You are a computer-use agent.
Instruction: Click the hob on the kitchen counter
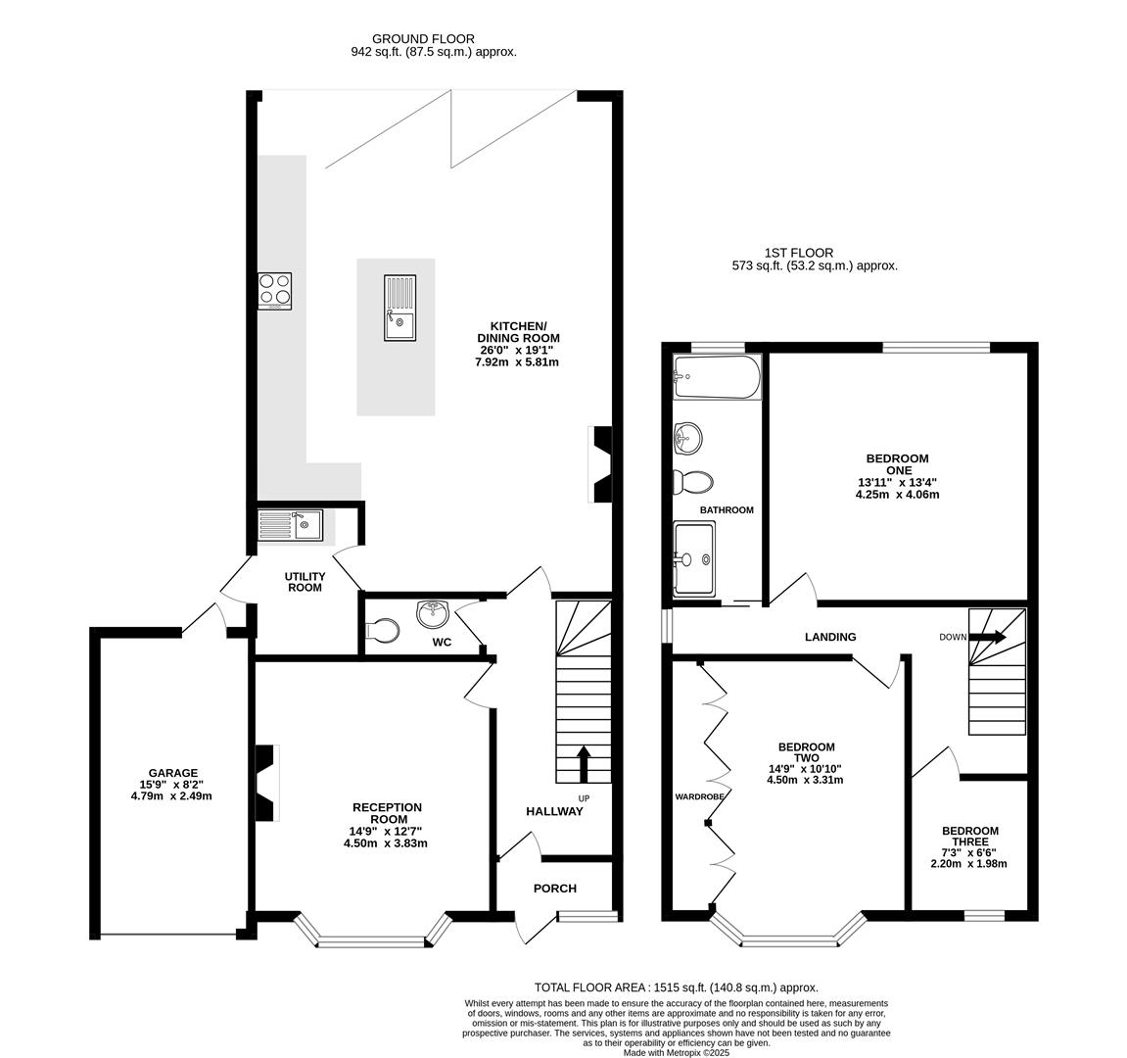click(x=274, y=291)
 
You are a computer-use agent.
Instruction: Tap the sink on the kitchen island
click(x=399, y=308)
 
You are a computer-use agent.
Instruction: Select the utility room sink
click(x=291, y=525)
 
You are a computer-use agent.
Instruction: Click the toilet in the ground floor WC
click(x=383, y=631)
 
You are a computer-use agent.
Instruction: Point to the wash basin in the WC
click(x=433, y=613)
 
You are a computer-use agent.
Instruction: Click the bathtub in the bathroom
click(x=717, y=377)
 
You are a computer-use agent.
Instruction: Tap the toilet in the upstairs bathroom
click(x=693, y=481)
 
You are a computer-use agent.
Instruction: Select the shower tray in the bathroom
click(x=694, y=558)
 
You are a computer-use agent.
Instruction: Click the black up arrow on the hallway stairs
click(x=583, y=764)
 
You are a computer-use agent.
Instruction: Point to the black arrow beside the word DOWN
click(x=988, y=637)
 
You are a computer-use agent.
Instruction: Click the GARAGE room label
click(x=173, y=773)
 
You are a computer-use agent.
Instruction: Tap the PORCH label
click(x=555, y=889)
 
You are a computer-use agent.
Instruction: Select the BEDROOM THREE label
click(x=970, y=836)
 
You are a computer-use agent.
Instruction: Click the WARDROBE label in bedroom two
click(x=699, y=796)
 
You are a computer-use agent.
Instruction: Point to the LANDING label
click(x=830, y=637)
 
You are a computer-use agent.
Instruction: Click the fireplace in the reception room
click(x=266, y=783)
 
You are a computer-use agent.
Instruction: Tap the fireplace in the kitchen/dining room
click(x=600, y=464)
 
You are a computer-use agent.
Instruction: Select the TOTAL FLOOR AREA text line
click(x=677, y=987)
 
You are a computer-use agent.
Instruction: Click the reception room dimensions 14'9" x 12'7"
click(x=386, y=832)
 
